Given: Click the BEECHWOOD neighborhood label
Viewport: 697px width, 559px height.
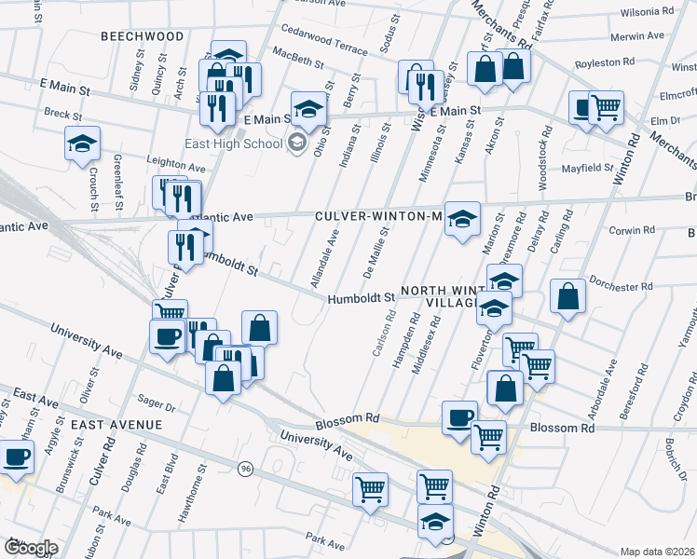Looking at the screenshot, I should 142,35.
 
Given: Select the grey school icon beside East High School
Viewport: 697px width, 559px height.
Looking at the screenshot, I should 297,143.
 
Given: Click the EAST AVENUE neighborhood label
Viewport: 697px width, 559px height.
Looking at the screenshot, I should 116,424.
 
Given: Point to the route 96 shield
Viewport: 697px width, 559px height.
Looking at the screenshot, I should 246,468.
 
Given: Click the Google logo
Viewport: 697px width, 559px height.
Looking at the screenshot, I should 31,548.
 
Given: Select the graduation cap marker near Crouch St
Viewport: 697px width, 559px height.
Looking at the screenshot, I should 82,143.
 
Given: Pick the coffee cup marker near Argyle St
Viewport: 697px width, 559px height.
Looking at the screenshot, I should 17,457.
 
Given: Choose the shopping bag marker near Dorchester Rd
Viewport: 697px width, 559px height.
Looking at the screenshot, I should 567,296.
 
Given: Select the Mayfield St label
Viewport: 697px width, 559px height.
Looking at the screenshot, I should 588,169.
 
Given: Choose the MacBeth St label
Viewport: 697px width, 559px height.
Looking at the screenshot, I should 297,61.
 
